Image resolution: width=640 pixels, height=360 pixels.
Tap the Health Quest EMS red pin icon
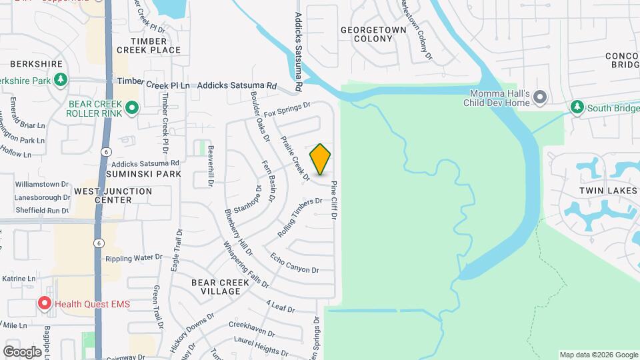pyautogui.click(x=45, y=304)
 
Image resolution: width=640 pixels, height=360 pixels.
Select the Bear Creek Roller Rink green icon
pyautogui.click(x=132, y=107)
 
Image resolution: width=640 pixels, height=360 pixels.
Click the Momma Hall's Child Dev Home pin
pyautogui.click(x=541, y=98)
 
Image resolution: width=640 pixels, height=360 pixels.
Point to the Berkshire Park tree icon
pyautogui.click(x=61, y=81)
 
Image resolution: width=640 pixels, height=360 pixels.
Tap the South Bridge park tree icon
pyautogui.click(x=577, y=107)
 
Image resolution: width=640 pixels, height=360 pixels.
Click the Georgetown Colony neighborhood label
pyautogui.click(x=367, y=35)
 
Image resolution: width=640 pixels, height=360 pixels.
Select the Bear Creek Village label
pyautogui.click(x=215, y=287)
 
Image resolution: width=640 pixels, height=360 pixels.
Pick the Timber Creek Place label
pyautogui.click(x=148, y=45)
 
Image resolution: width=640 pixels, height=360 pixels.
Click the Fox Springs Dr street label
pyautogui.click(x=288, y=110)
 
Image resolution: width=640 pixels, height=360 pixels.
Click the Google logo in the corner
pyautogui.click(x=23, y=351)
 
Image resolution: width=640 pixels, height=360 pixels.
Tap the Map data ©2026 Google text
pyautogui.click(x=597, y=355)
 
